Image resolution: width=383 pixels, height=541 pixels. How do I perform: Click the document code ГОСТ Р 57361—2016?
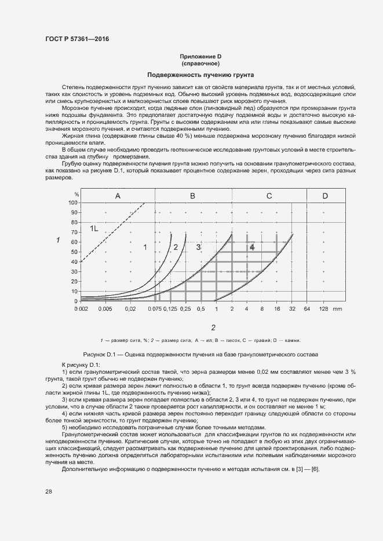click(76, 39)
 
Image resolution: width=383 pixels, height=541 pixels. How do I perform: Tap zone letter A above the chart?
click(118, 196)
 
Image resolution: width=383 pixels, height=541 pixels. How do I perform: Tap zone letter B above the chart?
click(192, 196)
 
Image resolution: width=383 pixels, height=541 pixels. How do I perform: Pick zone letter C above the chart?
click(269, 196)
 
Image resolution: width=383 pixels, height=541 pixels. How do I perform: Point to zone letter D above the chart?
click(325, 196)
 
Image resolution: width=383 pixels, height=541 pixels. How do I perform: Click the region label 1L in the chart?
click(94, 229)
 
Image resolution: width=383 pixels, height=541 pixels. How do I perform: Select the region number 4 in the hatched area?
click(252, 247)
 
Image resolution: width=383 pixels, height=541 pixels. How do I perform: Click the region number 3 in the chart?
click(198, 247)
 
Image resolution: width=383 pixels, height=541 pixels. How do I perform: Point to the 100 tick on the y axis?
click(73, 203)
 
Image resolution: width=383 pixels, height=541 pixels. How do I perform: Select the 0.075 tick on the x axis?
click(155, 310)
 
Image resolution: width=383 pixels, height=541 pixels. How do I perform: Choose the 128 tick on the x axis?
click(324, 310)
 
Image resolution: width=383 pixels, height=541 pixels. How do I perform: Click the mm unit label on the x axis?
click(338, 310)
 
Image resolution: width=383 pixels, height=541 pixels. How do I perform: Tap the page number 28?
click(49, 491)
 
